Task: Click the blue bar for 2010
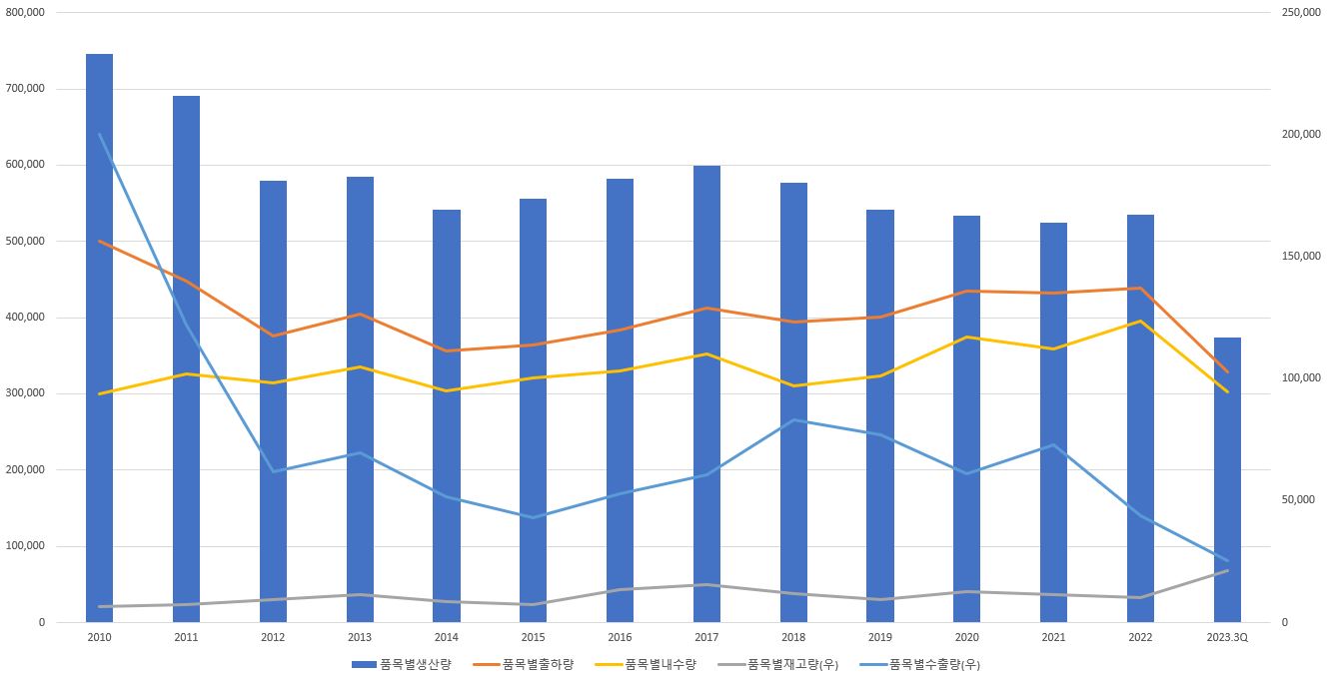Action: click(x=99, y=340)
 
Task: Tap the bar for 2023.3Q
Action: click(x=1227, y=479)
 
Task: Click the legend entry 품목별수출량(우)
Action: click(x=935, y=664)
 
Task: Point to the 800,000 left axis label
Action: click(x=26, y=13)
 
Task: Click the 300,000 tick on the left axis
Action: click(x=26, y=393)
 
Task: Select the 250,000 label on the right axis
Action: click(x=1300, y=13)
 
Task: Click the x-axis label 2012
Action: click(x=273, y=637)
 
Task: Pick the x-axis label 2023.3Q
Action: click(x=1227, y=637)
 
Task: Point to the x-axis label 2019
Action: click(x=880, y=637)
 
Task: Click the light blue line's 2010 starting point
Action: click(x=99, y=135)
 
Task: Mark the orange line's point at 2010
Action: click(x=99, y=241)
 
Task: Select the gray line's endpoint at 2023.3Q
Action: click(x=1227, y=570)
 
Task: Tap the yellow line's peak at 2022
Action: click(x=1140, y=321)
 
